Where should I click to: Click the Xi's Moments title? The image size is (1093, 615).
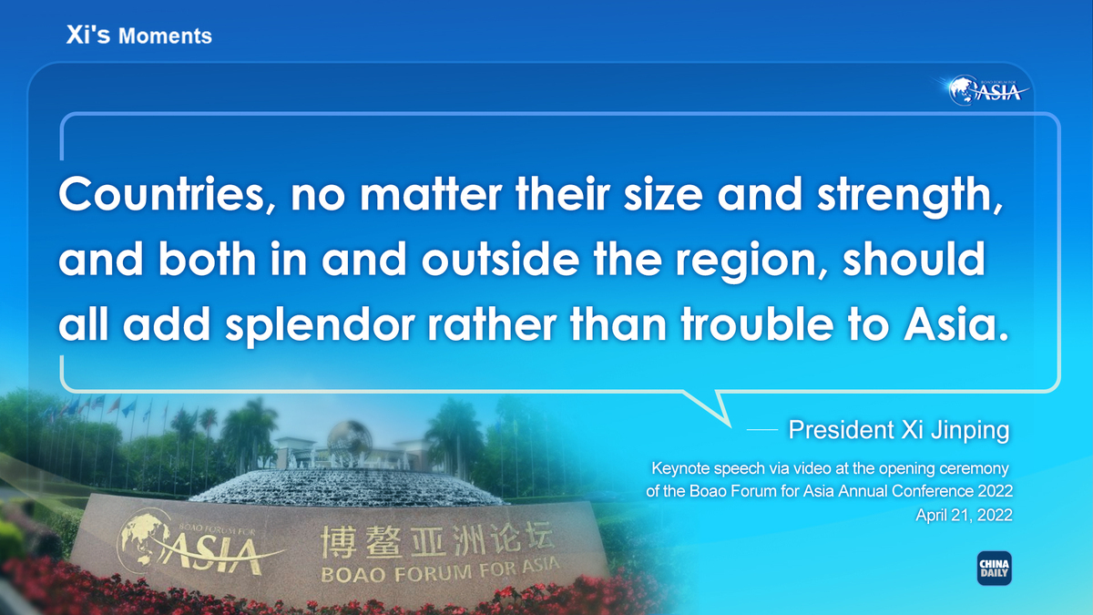click(x=139, y=36)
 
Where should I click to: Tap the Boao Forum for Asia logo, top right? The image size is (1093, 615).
click(x=986, y=90)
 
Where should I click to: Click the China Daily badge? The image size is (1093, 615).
click(x=994, y=569)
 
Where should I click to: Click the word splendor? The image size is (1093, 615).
click(x=320, y=326)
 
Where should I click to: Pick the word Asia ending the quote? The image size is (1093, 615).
click(x=955, y=323)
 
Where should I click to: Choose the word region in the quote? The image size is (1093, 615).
click(x=751, y=262)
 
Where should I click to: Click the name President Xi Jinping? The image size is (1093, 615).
click(x=899, y=430)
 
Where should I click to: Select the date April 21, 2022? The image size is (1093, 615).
click(x=964, y=515)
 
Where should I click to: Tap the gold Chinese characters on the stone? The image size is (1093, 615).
click(x=437, y=541)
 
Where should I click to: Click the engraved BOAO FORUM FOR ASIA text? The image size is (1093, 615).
click(x=440, y=571)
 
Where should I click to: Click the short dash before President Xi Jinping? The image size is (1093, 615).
click(x=762, y=430)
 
